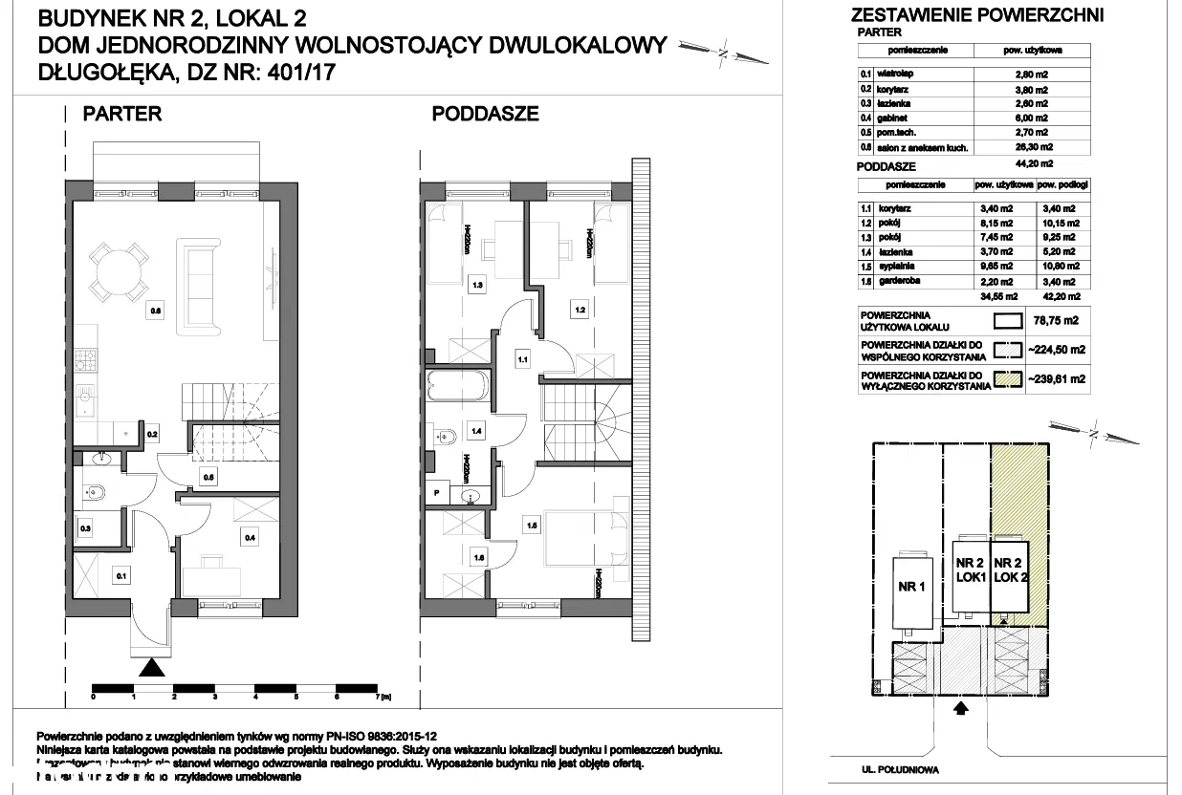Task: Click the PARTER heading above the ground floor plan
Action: pos(122,114)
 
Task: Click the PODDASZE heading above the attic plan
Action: pos(485,114)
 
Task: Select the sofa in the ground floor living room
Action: pos(201,282)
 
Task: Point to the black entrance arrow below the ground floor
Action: pos(150,668)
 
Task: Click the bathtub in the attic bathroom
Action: pos(458,388)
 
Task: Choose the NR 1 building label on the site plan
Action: pos(910,588)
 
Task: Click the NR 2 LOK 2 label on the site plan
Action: pos(1010,570)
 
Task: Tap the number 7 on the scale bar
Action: pos(380,697)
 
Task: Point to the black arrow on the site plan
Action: pos(962,708)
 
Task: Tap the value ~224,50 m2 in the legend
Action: pos(1056,350)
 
